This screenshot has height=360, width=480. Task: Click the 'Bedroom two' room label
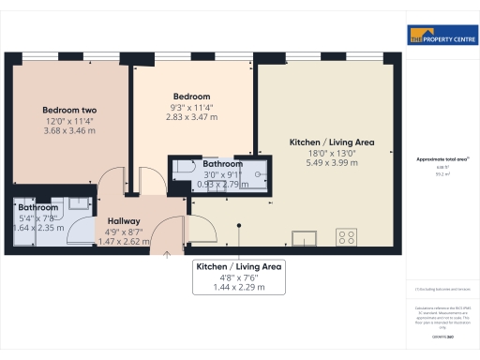click(x=69, y=110)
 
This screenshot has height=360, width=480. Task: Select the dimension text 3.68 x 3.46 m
click(x=69, y=130)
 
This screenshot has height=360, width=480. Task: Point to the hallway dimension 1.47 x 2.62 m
click(x=124, y=240)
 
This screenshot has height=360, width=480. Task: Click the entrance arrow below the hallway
click(x=167, y=250)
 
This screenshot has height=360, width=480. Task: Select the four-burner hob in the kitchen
click(x=348, y=235)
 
